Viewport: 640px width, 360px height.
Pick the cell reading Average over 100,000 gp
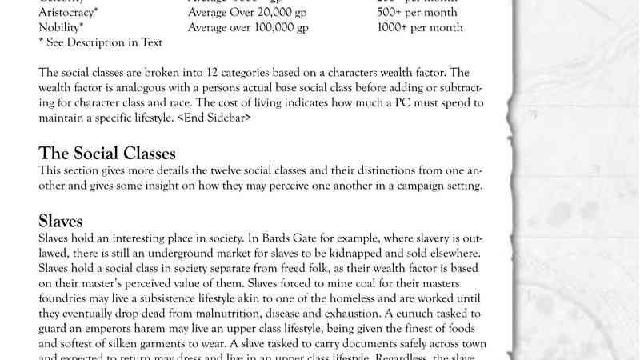tap(248, 28)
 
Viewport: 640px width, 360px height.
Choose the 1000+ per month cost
tap(420, 28)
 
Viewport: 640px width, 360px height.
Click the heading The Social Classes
tap(107, 154)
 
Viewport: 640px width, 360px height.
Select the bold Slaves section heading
tap(61, 221)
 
